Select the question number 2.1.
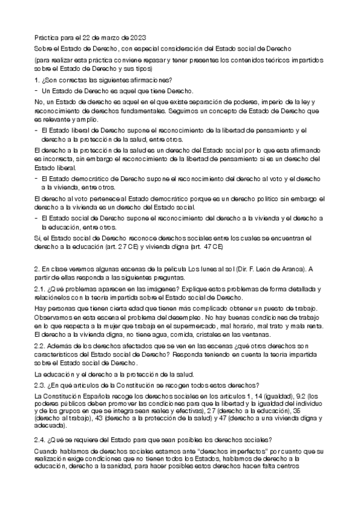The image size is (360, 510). [x=40, y=288]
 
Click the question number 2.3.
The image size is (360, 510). [x=40, y=385]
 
